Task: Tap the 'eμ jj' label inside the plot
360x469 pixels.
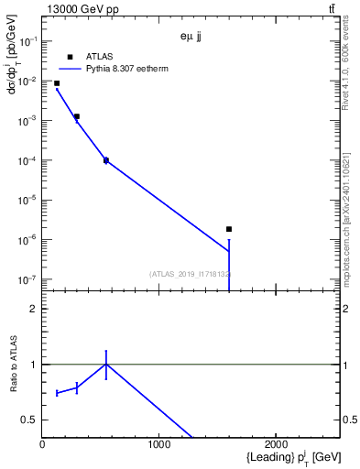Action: point(190,38)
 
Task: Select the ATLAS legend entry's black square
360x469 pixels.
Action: point(70,57)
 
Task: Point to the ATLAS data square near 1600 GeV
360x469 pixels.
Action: point(229,229)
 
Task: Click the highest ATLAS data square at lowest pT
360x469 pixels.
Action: point(57,83)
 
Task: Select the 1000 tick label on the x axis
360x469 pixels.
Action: point(159,445)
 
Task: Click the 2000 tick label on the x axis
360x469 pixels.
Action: point(276,445)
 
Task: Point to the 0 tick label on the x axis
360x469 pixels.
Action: point(43,445)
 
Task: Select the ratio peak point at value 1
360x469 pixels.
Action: point(106,364)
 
